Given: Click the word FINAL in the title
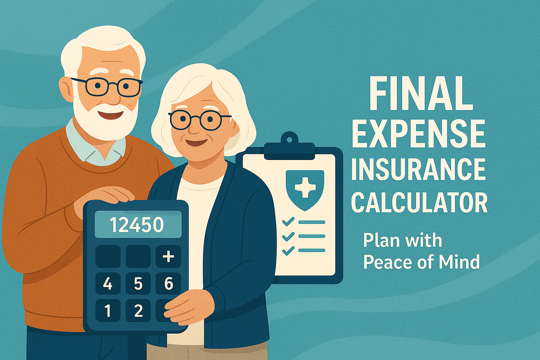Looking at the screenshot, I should [420, 94].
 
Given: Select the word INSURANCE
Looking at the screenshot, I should [418, 169].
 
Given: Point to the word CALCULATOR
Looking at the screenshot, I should [419, 203].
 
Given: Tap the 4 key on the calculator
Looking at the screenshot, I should [108, 283].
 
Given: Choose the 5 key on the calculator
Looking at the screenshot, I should [138, 283].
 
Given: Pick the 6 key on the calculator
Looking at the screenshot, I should [168, 283].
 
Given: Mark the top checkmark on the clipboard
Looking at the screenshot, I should [288, 222].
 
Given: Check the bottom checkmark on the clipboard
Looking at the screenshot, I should [288, 250].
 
